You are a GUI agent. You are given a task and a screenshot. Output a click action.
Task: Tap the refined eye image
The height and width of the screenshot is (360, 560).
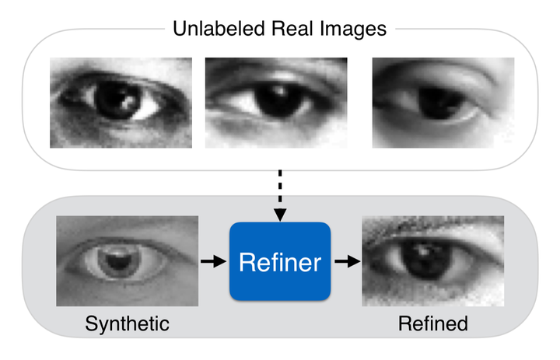[x=433, y=261]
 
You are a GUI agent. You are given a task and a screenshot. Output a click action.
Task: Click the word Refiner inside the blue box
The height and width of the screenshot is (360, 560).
[x=280, y=262]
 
